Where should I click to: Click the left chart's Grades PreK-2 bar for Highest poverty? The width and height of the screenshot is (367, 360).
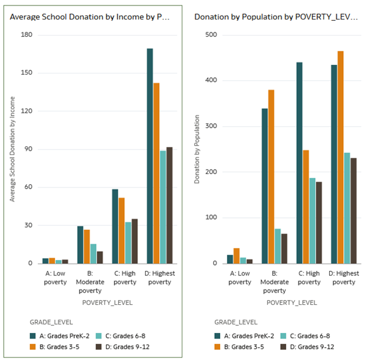(150, 156)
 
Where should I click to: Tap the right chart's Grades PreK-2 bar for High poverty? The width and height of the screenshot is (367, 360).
(300, 163)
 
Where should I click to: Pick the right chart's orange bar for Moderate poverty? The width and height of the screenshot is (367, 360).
(271, 177)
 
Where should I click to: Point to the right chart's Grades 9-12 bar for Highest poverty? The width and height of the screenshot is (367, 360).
(354, 211)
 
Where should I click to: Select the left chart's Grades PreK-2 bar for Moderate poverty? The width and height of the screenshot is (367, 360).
(80, 245)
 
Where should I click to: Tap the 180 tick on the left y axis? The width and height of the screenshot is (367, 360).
(26, 35)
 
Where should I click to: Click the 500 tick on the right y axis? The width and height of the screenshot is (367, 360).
(211, 35)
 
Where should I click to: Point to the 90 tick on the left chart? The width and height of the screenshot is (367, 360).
(28, 149)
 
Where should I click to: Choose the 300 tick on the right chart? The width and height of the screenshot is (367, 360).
(211, 126)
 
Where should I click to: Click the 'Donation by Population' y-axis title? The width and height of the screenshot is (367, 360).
(197, 149)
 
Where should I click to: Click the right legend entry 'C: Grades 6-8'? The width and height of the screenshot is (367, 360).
(312, 336)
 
